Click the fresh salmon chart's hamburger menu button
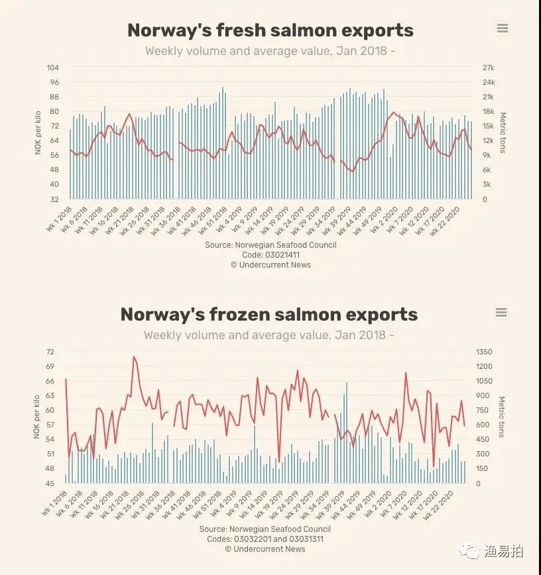tap(502, 28)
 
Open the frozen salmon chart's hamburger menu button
tap(501, 312)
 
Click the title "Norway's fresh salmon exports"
tap(270, 30)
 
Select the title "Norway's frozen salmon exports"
tap(269, 314)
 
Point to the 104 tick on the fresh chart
tap(53, 68)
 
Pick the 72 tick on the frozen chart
tap(50, 352)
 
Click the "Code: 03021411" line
tap(270, 254)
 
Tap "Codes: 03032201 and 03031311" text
tap(265, 539)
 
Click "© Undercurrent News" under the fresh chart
tap(270, 264)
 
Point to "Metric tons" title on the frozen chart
tap(502, 417)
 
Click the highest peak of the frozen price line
tap(134, 356)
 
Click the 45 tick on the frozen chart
tap(50, 483)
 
